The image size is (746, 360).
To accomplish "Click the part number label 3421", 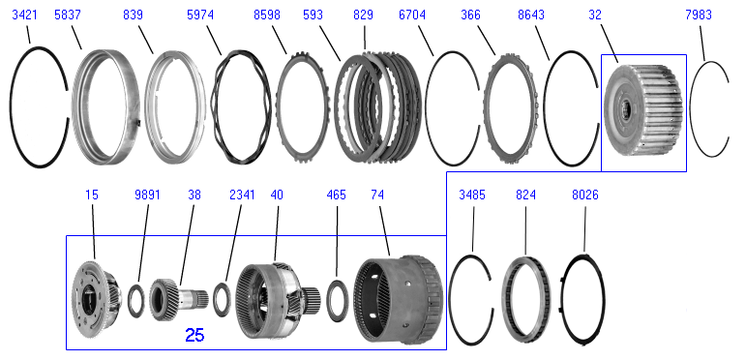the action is pyautogui.click(x=24, y=15).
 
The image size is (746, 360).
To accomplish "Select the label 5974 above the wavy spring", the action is pyautogui.click(x=200, y=15).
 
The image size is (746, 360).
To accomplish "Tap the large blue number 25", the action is pyautogui.click(x=194, y=335).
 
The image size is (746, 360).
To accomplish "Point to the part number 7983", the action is pyautogui.click(x=699, y=15).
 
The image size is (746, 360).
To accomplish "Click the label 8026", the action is pyautogui.click(x=584, y=195).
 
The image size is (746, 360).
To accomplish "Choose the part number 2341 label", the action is pyautogui.click(x=242, y=195).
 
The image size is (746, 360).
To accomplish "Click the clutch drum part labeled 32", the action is pyautogui.click(x=643, y=110).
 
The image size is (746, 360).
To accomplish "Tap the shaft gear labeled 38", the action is pyautogui.click(x=179, y=300).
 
